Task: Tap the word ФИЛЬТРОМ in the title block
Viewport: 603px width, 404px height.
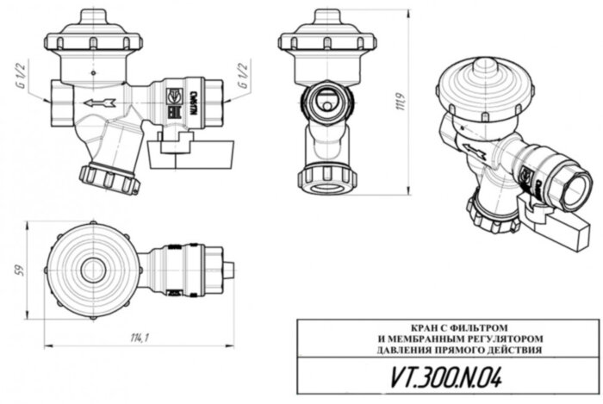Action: click(465, 327)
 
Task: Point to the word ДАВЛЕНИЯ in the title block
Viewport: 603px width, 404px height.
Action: click(404, 351)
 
